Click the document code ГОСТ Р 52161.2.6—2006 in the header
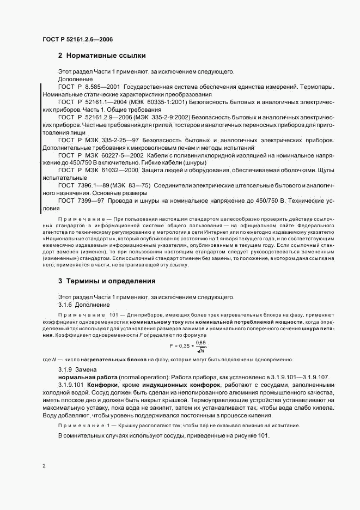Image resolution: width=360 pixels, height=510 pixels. click(77, 39)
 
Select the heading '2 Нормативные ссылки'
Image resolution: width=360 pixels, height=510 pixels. click(102, 56)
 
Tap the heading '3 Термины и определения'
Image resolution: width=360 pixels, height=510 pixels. click(107, 281)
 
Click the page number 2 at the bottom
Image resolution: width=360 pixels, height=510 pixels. click(44, 465)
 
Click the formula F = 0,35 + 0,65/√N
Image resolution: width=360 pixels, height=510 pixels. click(188, 346)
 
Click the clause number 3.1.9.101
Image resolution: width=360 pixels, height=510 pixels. click(72, 385)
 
